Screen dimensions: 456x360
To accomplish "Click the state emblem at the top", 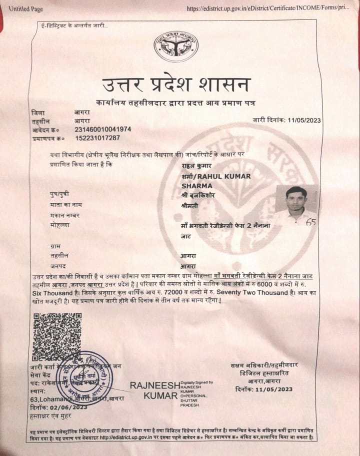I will [175, 46].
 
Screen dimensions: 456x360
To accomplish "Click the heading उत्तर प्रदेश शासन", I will [175, 85].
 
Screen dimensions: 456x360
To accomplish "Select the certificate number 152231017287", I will [97, 138].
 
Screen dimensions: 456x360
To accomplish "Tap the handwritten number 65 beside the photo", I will [311, 222].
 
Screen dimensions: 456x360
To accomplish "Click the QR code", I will [56, 336].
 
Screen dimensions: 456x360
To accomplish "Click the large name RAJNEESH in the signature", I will [154, 385].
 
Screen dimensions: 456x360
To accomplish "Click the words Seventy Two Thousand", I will [248, 292].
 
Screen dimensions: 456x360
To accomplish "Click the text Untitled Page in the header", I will [26, 9].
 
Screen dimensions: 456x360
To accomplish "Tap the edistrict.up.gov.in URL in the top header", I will [267, 9].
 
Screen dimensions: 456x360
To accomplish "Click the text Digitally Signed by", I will [196, 382].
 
